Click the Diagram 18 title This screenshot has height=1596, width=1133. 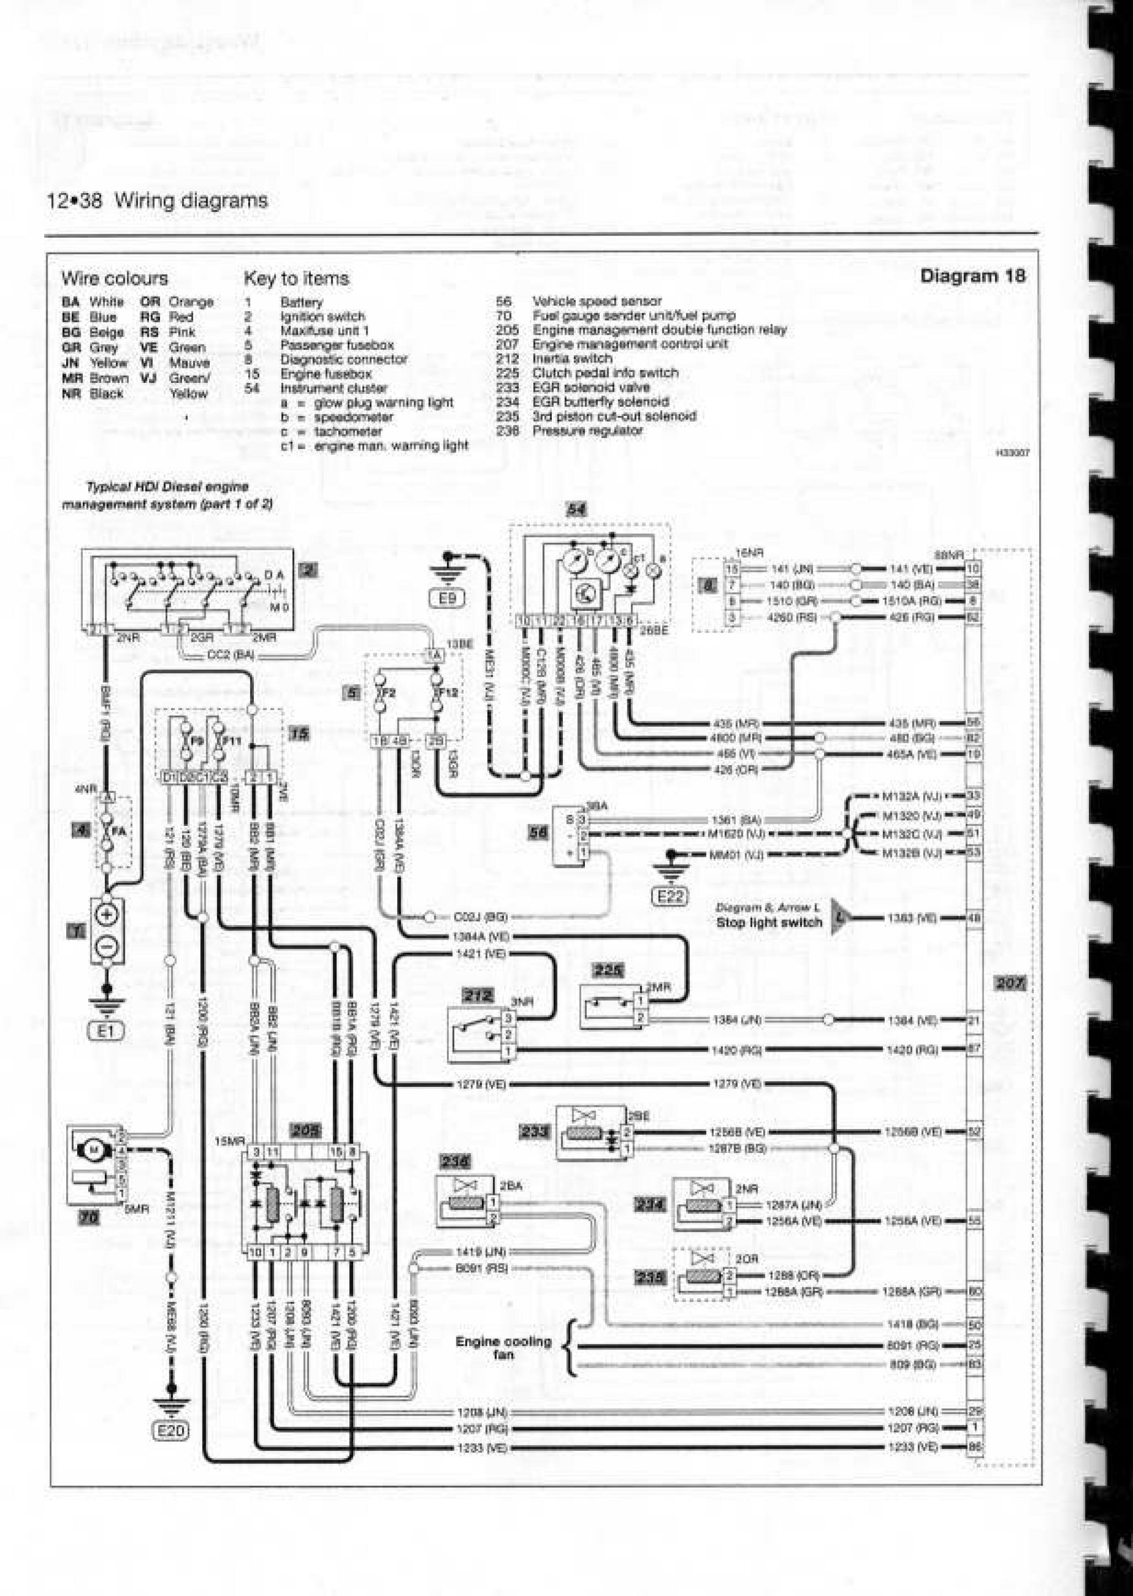972,275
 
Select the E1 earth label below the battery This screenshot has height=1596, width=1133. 106,1031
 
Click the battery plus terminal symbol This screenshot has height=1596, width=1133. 108,915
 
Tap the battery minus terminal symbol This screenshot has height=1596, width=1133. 108,946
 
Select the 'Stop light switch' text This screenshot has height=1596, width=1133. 769,922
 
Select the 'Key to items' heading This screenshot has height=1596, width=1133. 296,278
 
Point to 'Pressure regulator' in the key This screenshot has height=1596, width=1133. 587,431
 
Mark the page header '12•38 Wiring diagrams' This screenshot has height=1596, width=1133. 157,201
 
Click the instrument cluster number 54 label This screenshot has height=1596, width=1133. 576,510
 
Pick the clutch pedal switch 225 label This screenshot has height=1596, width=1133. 608,970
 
